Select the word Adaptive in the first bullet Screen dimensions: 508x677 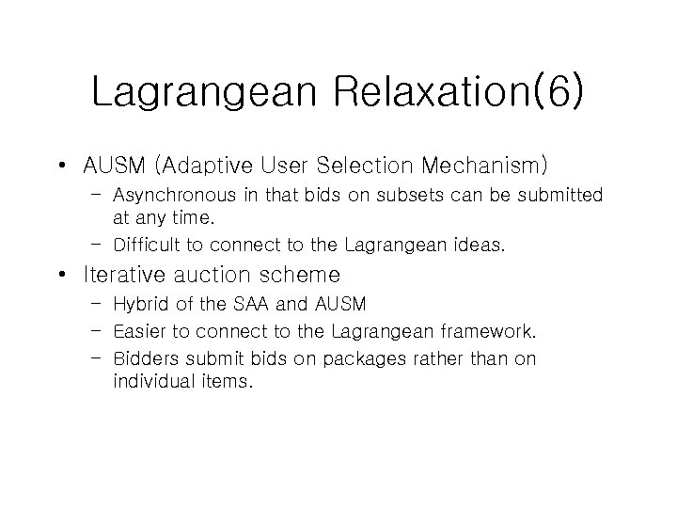coord(229,167)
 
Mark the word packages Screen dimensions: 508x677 coord(365,358)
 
